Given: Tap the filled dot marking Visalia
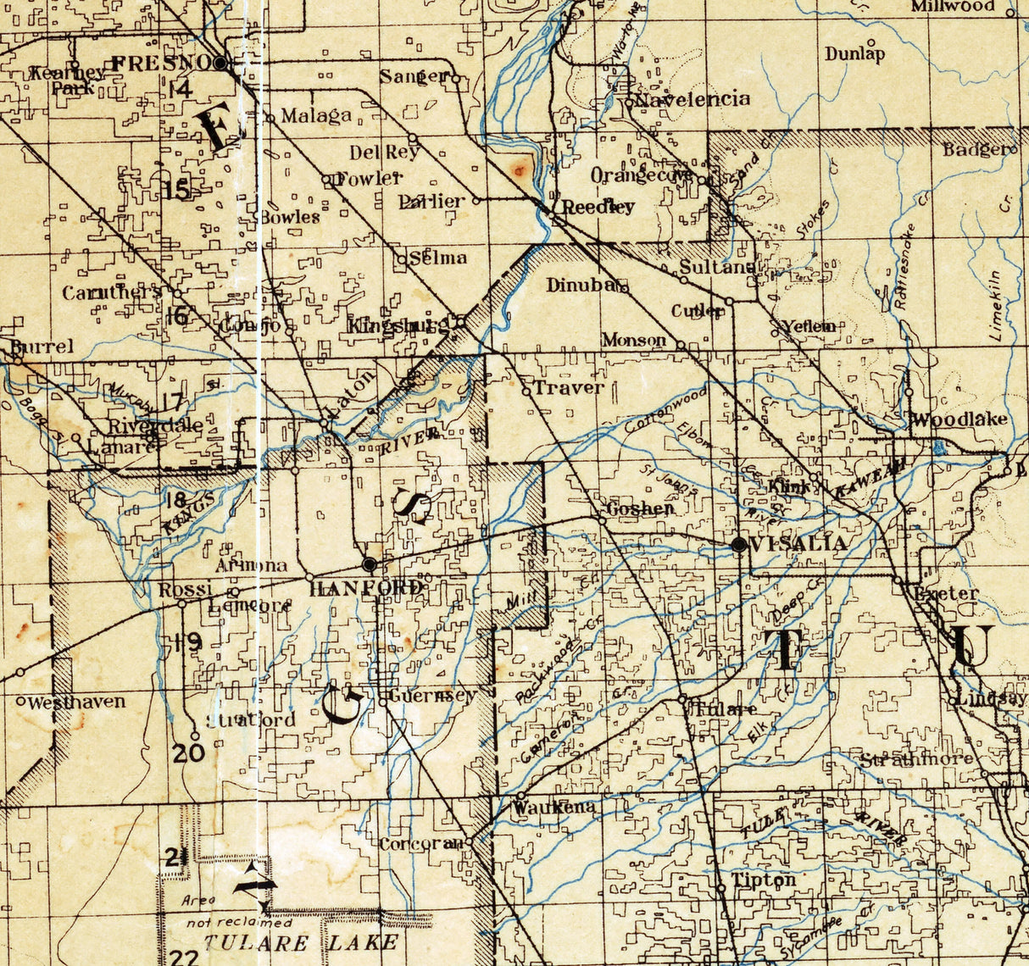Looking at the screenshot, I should tap(739, 545).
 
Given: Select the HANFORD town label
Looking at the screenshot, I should tap(366, 588).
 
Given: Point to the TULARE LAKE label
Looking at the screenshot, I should tap(301, 942).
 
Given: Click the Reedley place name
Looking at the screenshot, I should tap(598, 207).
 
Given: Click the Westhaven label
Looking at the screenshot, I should tap(77, 702).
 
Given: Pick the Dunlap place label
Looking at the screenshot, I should tap(855, 54).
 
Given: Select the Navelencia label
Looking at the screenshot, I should tap(693, 99).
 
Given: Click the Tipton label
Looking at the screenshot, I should tap(764, 880).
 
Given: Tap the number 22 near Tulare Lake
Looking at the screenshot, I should tap(185, 958).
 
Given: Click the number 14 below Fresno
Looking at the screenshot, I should tap(180, 88).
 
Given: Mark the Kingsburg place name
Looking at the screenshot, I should tap(398, 325).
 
